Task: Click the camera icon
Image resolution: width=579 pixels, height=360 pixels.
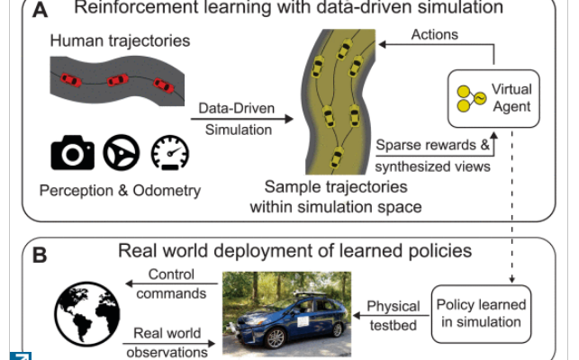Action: [x=72, y=154]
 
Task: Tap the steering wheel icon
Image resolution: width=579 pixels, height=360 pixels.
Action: [x=121, y=155]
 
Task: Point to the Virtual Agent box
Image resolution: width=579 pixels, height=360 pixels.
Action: [x=494, y=98]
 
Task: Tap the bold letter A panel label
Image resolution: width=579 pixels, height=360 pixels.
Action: [x=40, y=9]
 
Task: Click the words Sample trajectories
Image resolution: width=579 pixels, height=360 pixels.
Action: [x=335, y=187]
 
